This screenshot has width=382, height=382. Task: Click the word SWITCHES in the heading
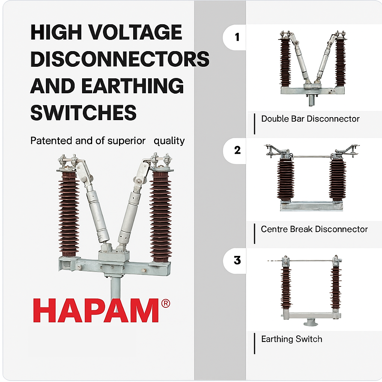pos(83,112)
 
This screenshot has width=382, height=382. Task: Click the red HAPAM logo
pos(96,311)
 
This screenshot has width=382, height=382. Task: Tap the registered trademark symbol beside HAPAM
pos(165,304)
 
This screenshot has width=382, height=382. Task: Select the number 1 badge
pos(237,37)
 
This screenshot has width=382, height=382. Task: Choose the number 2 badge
pos(237,150)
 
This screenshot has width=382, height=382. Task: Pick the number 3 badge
pos(237,260)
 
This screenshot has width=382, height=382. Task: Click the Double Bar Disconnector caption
pos(310,119)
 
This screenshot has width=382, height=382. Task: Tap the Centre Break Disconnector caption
pos(314,229)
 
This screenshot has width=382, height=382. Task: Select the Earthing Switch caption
pos(291,339)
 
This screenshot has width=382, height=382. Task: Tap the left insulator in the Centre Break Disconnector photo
pos(285,180)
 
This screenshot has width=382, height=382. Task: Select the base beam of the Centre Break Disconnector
pos(311,206)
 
